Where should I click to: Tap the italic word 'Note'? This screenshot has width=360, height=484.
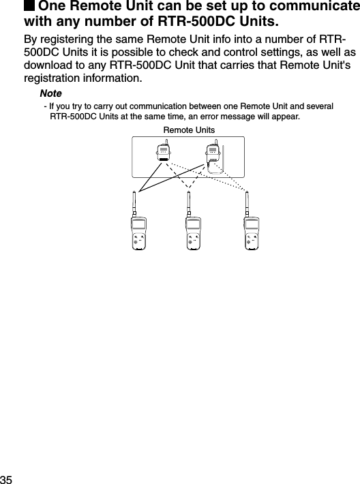click(x=50, y=93)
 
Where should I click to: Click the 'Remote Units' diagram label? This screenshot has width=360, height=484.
click(x=189, y=130)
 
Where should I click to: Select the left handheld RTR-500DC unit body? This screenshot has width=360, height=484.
click(x=138, y=235)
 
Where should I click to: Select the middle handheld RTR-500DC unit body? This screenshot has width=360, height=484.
click(x=194, y=235)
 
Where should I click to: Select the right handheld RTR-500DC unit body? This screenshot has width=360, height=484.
click(x=253, y=235)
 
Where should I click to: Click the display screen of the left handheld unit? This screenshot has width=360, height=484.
click(x=138, y=226)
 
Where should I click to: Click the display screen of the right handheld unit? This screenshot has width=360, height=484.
click(x=253, y=226)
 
